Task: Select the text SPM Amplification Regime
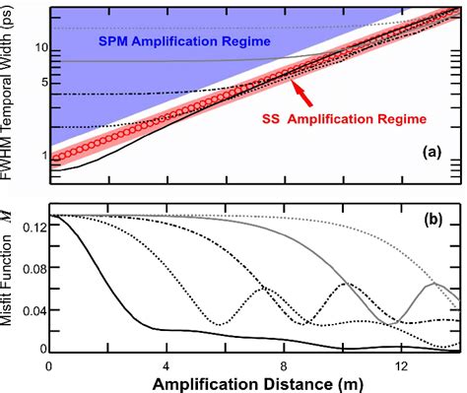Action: pyautogui.click(x=182, y=44)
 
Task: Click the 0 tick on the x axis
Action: pyautogui.click(x=49, y=363)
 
